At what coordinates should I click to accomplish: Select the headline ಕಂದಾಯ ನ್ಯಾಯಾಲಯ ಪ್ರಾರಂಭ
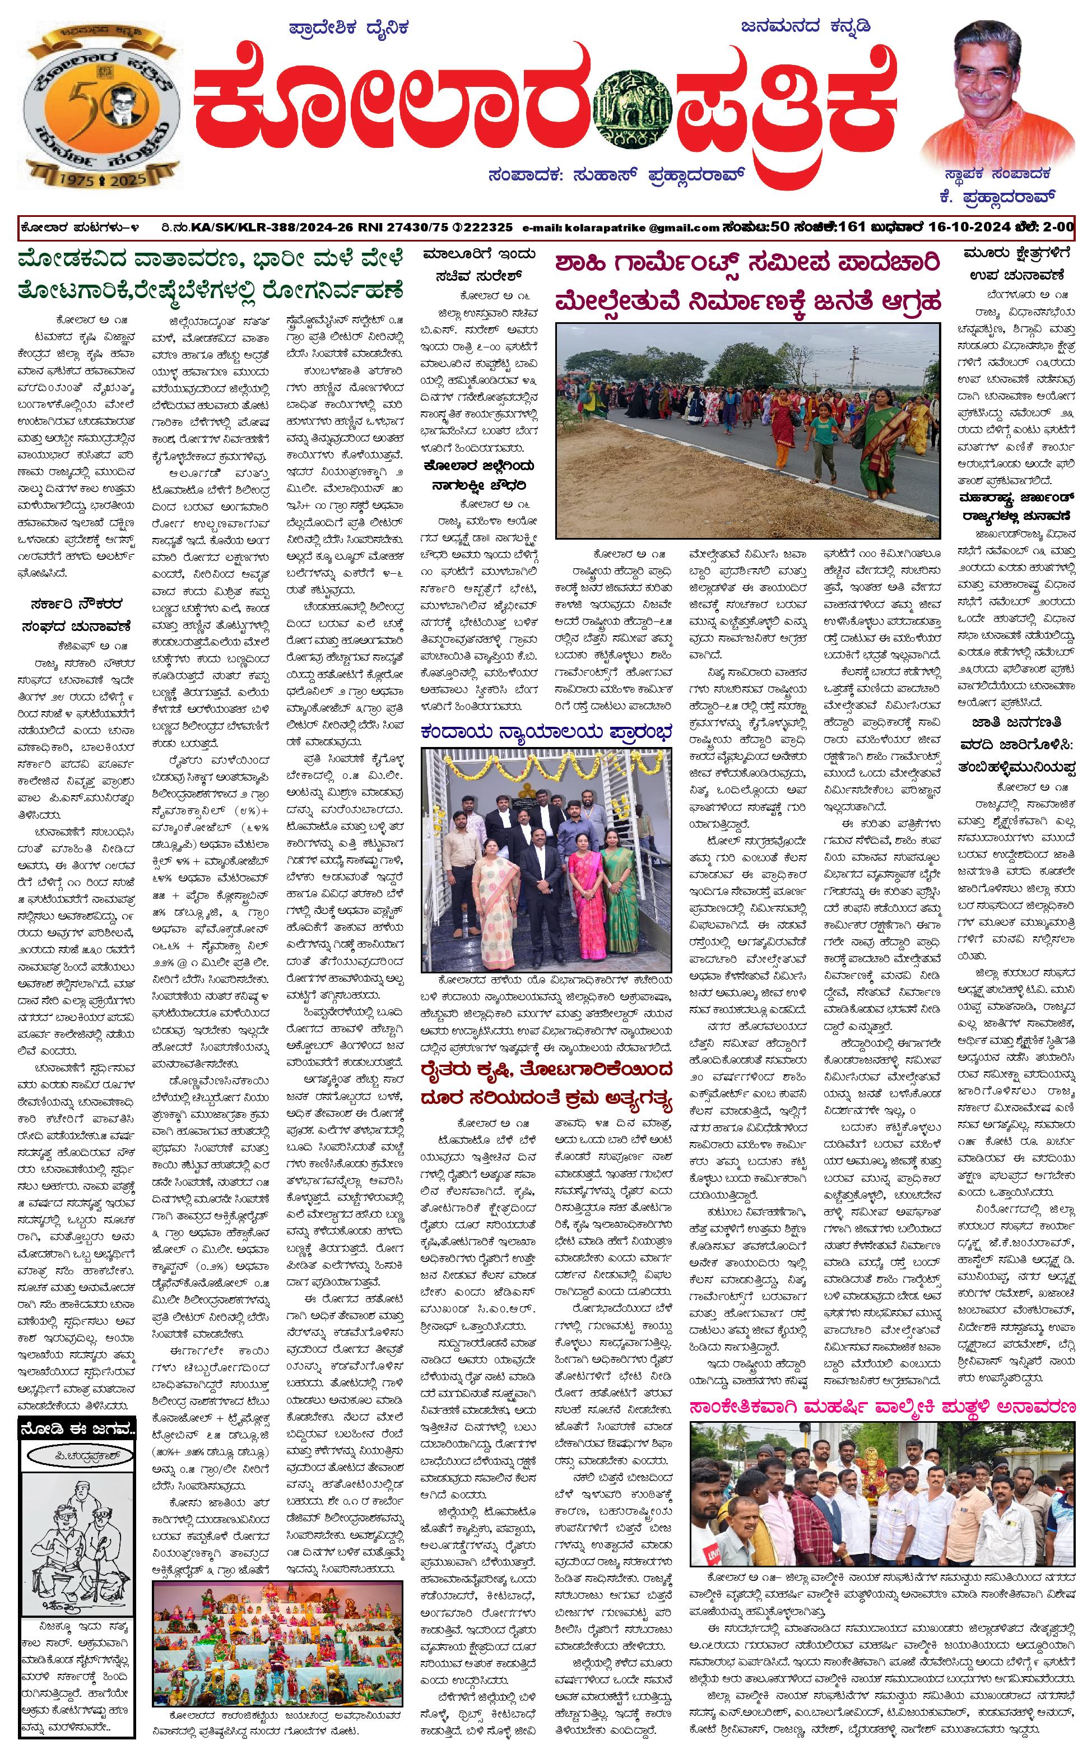click(x=546, y=731)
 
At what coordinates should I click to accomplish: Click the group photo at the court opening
click(x=546, y=859)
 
